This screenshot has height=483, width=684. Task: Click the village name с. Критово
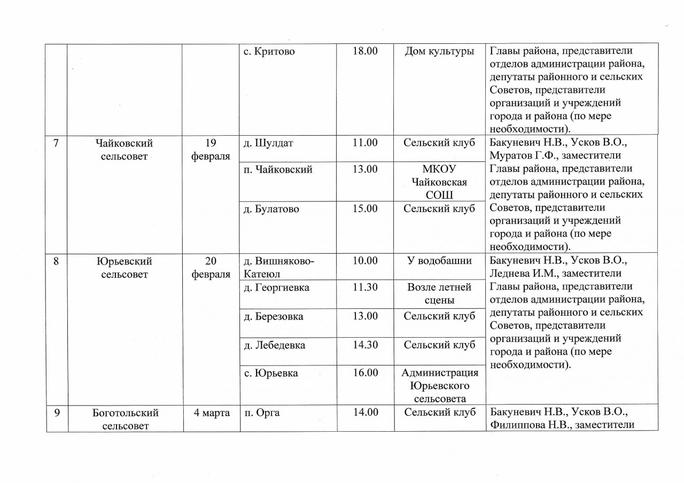pyautogui.click(x=269, y=52)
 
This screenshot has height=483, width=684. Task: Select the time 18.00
pyautogui.click(x=366, y=52)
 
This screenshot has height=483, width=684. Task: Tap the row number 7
pyautogui.click(x=57, y=144)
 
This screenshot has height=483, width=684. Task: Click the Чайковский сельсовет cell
pyautogui.click(x=125, y=150)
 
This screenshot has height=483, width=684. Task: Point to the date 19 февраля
pyautogui.click(x=211, y=150)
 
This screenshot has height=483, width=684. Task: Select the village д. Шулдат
pyautogui.click(x=268, y=143)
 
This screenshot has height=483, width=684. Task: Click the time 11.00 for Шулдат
pyautogui.click(x=366, y=143)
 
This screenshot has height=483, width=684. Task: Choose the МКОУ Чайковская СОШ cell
pyautogui.click(x=439, y=182)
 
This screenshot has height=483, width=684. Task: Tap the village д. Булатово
pyautogui.click(x=271, y=209)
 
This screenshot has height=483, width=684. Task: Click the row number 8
pyautogui.click(x=57, y=261)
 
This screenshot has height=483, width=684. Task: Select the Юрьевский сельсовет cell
pyautogui.click(x=125, y=268)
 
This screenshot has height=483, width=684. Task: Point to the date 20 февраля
pyautogui.click(x=211, y=268)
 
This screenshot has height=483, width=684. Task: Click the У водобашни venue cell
pyautogui.click(x=439, y=261)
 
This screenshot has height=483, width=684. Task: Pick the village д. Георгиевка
pyautogui.click(x=276, y=287)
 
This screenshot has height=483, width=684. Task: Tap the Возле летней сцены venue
pyautogui.click(x=439, y=294)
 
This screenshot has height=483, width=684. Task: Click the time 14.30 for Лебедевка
pyautogui.click(x=366, y=345)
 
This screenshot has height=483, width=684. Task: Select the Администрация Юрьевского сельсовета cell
pyautogui.click(x=439, y=385)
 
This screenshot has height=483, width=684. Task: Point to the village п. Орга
pyautogui.click(x=262, y=412)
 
